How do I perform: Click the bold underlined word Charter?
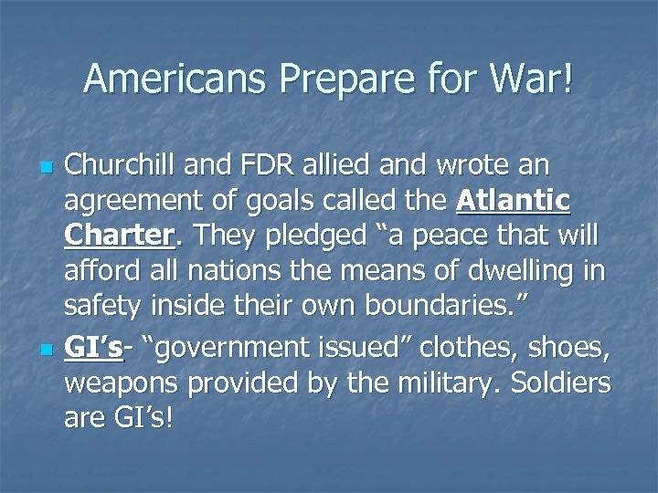coord(118,235)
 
